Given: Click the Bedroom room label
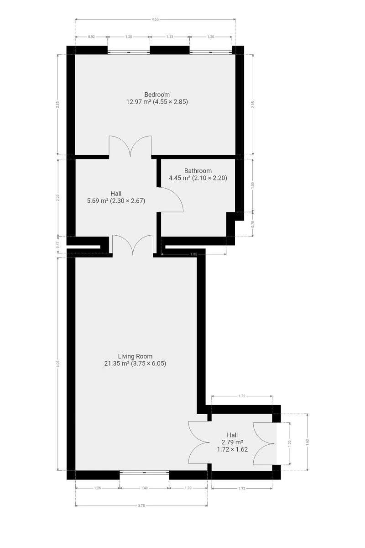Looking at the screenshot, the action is [157, 95].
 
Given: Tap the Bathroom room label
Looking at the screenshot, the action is [198, 170].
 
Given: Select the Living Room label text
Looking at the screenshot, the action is [135, 356].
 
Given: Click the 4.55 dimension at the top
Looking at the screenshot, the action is [155, 19].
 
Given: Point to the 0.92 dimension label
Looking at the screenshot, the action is [91, 37].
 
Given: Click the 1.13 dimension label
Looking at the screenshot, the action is [170, 37].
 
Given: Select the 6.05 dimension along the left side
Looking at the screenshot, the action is [57, 364].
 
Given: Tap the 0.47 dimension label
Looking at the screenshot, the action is [57, 245].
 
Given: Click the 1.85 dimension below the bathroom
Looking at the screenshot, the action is [193, 254].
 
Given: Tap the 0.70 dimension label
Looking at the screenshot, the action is [253, 224].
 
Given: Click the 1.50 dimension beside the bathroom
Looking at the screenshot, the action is [253, 185].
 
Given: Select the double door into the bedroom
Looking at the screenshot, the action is [130, 146].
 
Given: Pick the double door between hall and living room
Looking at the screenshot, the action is [133, 244].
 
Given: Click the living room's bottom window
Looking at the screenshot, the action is [144, 472].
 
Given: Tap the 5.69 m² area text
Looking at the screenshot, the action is [98, 201].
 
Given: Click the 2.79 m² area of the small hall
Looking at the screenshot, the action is [232, 442].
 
